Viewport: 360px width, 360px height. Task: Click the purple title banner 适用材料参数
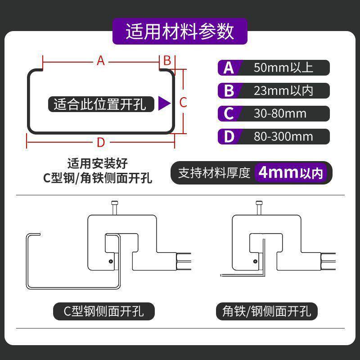(x=180, y=32)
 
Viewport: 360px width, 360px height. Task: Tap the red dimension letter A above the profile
(x=100, y=60)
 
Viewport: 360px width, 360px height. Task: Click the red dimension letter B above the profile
(x=166, y=60)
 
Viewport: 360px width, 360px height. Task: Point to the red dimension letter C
(x=183, y=102)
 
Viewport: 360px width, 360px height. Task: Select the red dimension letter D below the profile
(x=101, y=143)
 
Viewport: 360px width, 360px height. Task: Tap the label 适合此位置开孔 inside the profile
(x=100, y=104)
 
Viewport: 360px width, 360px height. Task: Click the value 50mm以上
(x=283, y=67)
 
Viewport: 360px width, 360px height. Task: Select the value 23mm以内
(x=283, y=90)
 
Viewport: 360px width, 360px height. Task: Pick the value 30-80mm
(x=280, y=113)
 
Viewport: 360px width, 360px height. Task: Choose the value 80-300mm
(x=283, y=136)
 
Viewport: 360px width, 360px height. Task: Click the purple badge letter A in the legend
(x=229, y=68)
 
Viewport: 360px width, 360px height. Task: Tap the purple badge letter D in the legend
(x=229, y=136)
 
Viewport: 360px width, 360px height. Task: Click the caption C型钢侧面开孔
(x=104, y=310)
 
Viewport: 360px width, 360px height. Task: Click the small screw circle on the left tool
(x=110, y=260)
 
